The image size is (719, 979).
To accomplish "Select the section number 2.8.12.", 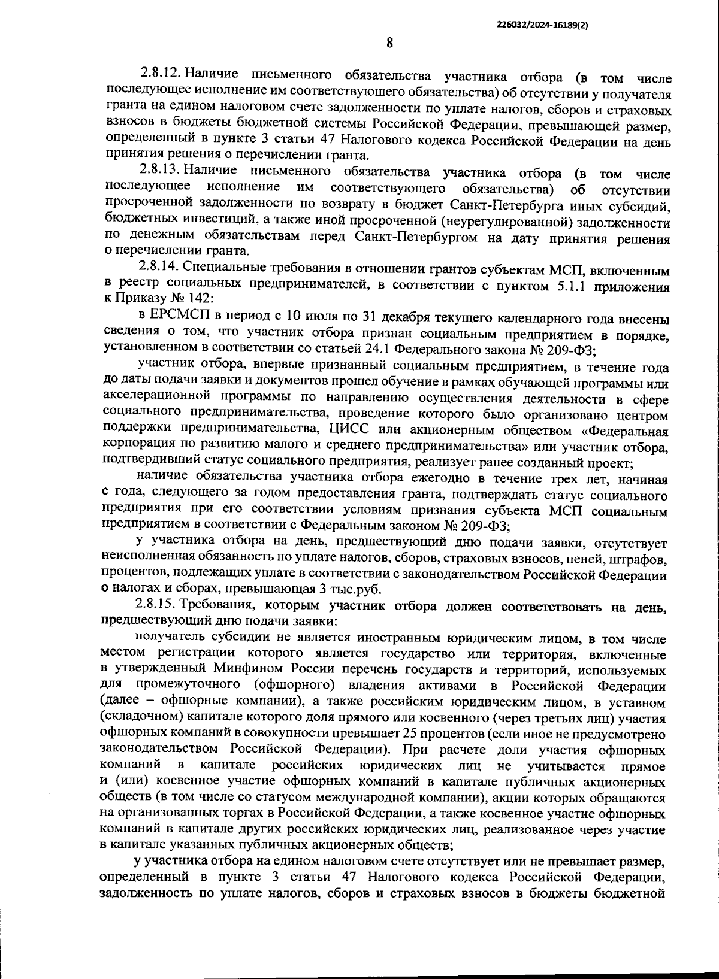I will (x=160, y=74).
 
